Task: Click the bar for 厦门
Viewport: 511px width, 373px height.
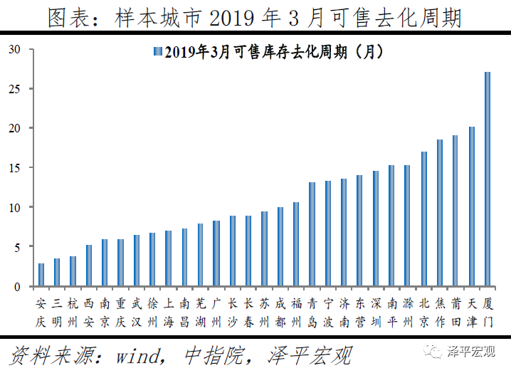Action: (x=488, y=179)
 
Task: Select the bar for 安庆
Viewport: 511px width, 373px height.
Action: (x=41, y=275)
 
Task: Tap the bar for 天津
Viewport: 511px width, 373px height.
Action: (x=472, y=206)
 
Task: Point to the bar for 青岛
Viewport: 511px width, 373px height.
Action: (x=312, y=234)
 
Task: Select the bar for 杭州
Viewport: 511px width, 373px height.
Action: (x=73, y=271)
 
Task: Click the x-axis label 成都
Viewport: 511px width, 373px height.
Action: (x=280, y=312)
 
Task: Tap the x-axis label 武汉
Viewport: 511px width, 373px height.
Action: (x=137, y=312)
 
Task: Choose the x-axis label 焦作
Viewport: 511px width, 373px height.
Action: (x=440, y=312)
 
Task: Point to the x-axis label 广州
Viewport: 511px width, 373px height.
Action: (x=216, y=312)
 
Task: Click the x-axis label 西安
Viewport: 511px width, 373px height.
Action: (x=89, y=312)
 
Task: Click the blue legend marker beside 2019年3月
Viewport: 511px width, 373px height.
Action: (x=156, y=52)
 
